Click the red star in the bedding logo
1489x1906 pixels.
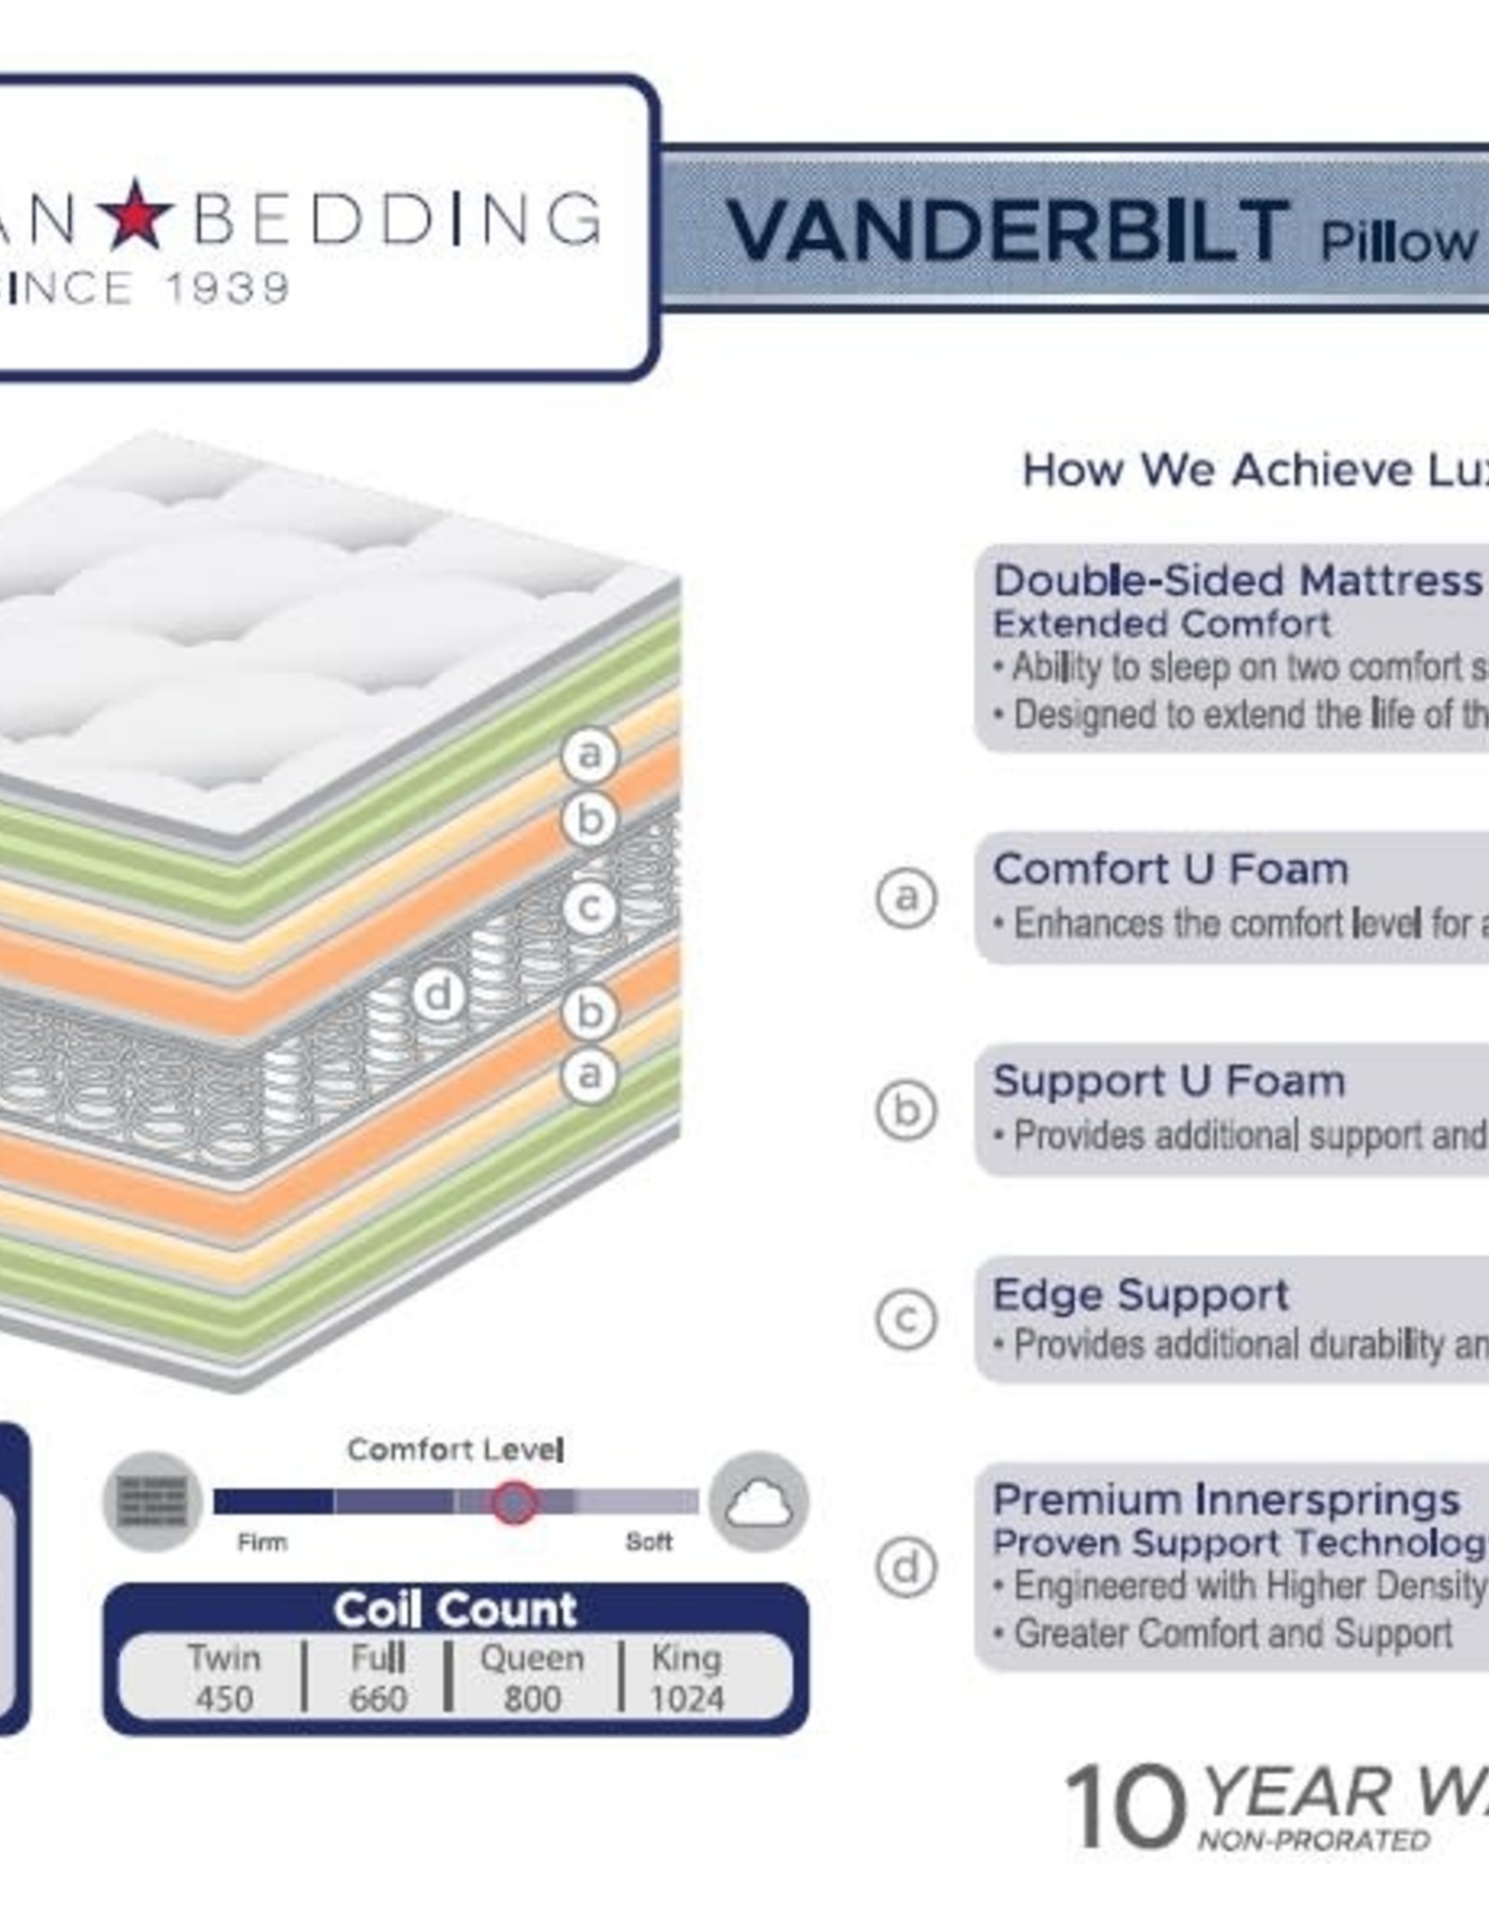point(136,215)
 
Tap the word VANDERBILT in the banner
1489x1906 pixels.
point(1007,233)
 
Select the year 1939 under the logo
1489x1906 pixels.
point(227,289)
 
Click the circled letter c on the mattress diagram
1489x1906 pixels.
point(589,907)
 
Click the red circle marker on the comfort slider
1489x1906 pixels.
point(515,1501)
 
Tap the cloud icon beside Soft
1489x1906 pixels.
point(758,1501)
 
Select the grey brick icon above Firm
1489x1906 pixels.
point(153,1501)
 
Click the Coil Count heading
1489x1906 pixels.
point(455,1609)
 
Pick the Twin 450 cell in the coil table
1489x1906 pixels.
point(223,1678)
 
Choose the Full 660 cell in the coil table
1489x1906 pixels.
point(378,1678)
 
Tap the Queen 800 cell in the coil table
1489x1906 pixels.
point(531,1678)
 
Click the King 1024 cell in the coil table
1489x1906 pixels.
point(687,1678)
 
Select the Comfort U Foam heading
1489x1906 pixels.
point(1171,869)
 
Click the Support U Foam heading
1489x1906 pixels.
point(1169,1081)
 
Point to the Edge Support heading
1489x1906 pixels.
point(1140,1295)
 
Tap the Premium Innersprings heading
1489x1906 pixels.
point(1226,1499)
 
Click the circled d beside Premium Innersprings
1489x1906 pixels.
point(905,1567)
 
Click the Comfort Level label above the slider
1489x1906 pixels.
point(455,1449)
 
